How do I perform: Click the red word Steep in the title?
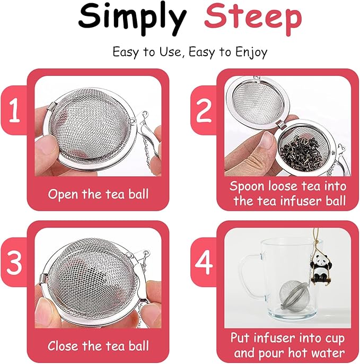click(x=252, y=18)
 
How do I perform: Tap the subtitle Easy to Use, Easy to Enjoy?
click(x=190, y=52)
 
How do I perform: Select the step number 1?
click(x=14, y=112)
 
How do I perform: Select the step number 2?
click(x=204, y=112)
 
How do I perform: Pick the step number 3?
click(x=14, y=264)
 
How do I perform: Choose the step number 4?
click(x=204, y=264)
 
